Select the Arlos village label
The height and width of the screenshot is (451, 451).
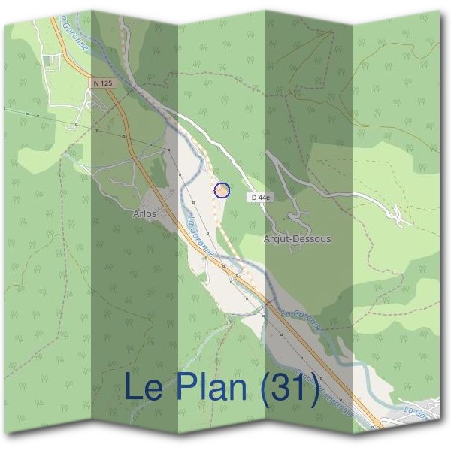click(144, 214)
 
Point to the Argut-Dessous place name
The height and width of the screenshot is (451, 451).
click(297, 239)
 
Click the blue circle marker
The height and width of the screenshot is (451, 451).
click(222, 191)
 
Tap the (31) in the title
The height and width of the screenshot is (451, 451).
click(289, 388)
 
